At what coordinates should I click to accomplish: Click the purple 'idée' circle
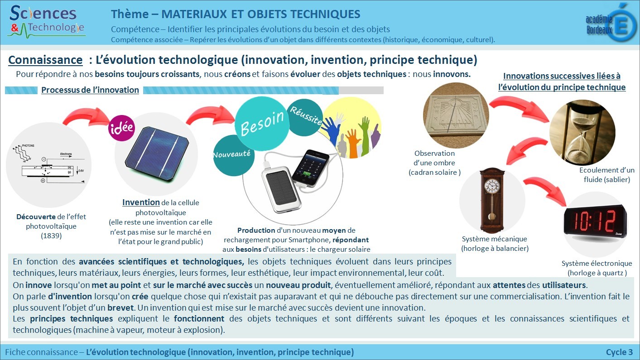click(121, 128)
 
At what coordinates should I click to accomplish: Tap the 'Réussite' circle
click(306, 117)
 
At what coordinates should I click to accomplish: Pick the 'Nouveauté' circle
click(233, 155)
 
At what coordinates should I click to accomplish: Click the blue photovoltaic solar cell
click(157, 153)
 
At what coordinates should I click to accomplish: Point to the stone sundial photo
click(456, 115)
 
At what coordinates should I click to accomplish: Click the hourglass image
click(582, 132)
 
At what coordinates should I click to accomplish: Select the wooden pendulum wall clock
click(491, 201)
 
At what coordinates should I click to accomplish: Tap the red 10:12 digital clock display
click(595, 221)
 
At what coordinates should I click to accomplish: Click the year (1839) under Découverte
click(51, 236)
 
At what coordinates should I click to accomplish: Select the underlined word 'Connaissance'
click(45, 60)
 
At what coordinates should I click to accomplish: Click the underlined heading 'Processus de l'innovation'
click(90, 90)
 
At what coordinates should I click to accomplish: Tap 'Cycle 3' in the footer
click(620, 352)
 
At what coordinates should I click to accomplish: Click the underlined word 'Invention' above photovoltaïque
click(141, 202)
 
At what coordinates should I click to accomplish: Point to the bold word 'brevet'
click(120, 308)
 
